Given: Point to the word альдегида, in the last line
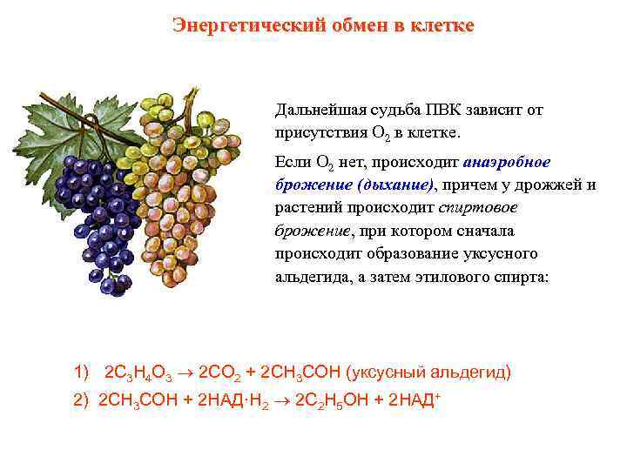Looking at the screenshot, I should pyautogui.click(x=310, y=277).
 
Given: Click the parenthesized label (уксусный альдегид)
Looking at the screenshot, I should pyautogui.click(x=429, y=373).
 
